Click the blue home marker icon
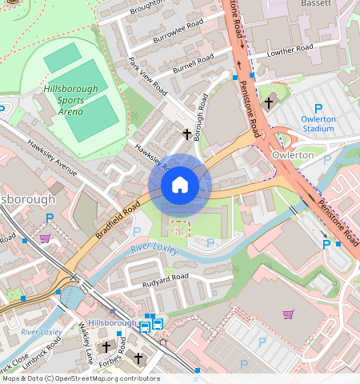tap(180, 185)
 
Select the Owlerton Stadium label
tap(317, 123)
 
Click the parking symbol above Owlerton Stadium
tap(318, 109)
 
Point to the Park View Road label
tap(146, 74)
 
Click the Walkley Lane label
tap(86, 343)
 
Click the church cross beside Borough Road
tap(188, 134)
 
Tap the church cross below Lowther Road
tap(269, 102)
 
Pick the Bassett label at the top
tap(331, 5)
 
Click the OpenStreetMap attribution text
tap(80, 378)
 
